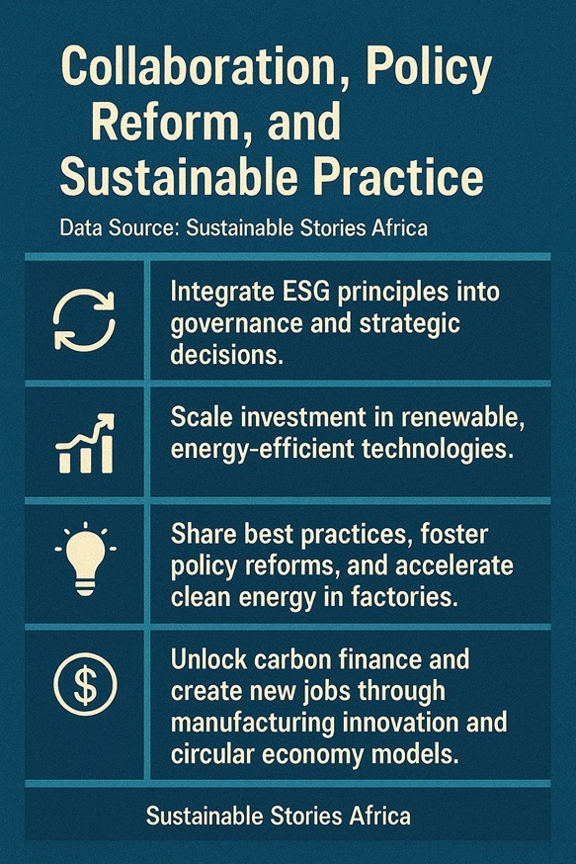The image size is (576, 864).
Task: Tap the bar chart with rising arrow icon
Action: (85, 445)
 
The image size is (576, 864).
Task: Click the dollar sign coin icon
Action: (85, 681)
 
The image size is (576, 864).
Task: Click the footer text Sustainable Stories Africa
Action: (278, 817)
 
